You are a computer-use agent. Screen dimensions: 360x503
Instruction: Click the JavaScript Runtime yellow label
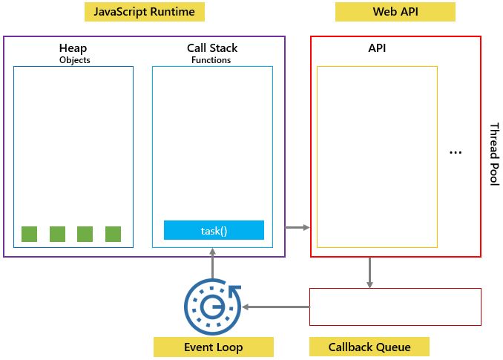pyautogui.click(x=144, y=12)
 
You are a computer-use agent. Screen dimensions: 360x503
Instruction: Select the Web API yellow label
pyautogui.click(x=395, y=12)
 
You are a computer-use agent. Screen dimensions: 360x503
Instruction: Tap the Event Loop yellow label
pyautogui.click(x=213, y=347)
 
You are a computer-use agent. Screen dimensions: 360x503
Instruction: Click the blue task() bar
pyautogui.click(x=214, y=230)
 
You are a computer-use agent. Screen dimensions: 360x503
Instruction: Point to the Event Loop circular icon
pyautogui.click(x=213, y=306)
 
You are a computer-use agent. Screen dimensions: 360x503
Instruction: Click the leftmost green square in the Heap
pyautogui.click(x=29, y=234)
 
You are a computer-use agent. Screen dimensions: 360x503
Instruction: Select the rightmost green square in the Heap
pyautogui.click(x=113, y=234)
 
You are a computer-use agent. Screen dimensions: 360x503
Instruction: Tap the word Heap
pyautogui.click(x=73, y=48)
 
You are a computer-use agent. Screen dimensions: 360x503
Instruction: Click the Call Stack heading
pyautogui.click(x=212, y=48)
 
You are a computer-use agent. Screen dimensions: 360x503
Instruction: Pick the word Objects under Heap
pyautogui.click(x=73, y=60)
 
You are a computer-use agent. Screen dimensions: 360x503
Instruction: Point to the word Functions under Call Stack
pyautogui.click(x=212, y=60)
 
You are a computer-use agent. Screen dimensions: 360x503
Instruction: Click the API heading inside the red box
pyautogui.click(x=377, y=48)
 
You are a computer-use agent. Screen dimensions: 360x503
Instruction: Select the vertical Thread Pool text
pyautogui.click(x=493, y=154)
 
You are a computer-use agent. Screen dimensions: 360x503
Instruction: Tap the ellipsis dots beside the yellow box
pyautogui.click(x=456, y=152)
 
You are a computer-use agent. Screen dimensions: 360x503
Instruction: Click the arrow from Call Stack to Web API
pyautogui.click(x=297, y=227)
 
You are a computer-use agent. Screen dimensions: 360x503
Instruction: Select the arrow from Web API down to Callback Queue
pyautogui.click(x=369, y=272)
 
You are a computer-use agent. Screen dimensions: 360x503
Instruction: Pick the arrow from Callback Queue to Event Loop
pyautogui.click(x=276, y=307)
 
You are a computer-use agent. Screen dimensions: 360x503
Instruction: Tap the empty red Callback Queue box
pyautogui.click(x=395, y=307)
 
